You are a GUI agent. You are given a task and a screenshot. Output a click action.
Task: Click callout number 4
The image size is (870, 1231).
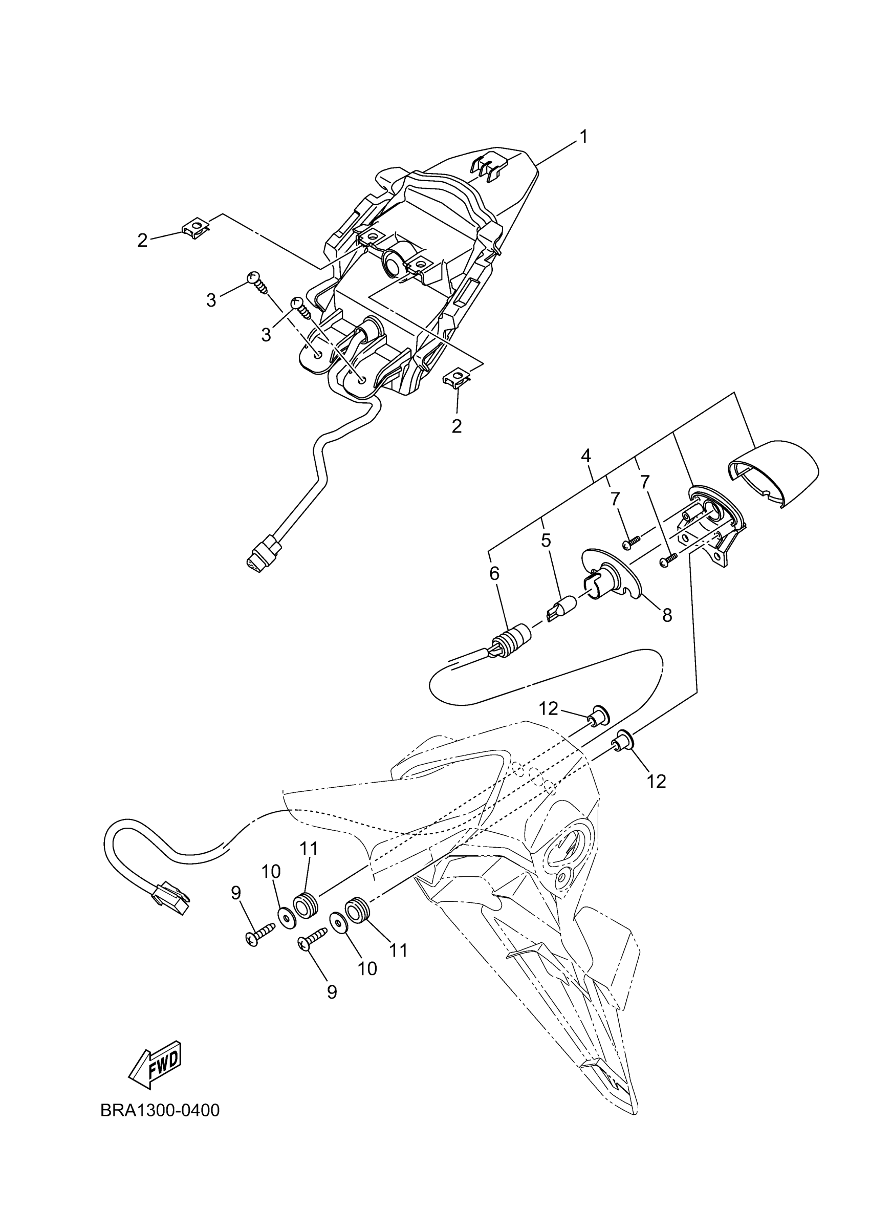pyautogui.click(x=586, y=456)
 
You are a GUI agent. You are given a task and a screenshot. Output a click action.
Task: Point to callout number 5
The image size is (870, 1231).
pyautogui.click(x=546, y=541)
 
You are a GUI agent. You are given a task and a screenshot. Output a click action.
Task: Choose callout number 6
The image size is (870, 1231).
pyautogui.click(x=494, y=574)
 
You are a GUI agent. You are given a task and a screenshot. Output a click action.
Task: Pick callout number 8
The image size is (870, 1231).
pyautogui.click(x=667, y=615)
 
